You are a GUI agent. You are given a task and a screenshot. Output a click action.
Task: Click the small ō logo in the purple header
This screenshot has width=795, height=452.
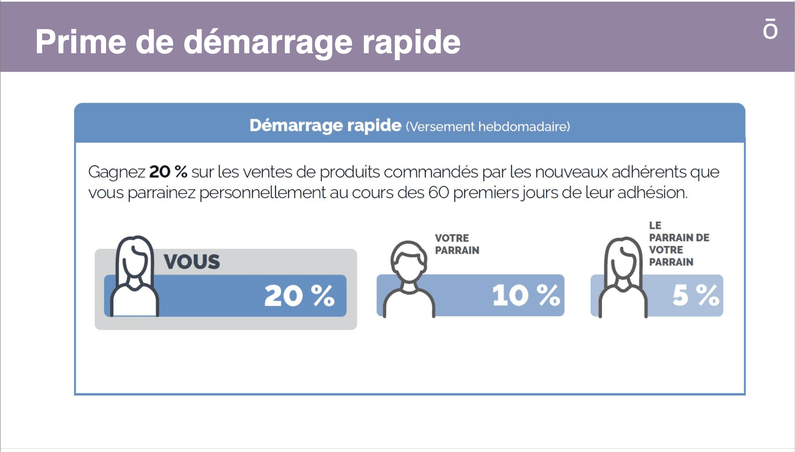pos(770,29)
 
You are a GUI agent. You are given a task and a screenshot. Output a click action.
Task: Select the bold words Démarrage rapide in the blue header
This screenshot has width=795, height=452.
pos(325,125)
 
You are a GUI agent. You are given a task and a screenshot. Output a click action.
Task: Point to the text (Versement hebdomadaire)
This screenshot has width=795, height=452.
pos(488,127)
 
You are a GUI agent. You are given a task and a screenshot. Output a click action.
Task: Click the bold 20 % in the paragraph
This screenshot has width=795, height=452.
pos(168,172)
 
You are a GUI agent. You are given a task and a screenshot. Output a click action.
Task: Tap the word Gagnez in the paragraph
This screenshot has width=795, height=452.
pos(117,172)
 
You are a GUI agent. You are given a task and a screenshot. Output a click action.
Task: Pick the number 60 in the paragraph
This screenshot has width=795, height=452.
pos(439,192)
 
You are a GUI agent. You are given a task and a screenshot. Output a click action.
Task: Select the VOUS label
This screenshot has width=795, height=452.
pos(192,262)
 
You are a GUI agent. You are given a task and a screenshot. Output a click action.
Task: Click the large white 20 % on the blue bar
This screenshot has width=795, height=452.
pos(299,296)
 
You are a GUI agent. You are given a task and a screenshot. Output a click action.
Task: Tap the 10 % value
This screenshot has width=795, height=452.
pos(526,295)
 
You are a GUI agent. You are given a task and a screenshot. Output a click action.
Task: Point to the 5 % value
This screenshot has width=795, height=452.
pos(696,295)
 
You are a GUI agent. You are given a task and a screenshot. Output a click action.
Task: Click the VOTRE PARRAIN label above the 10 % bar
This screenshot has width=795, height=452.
pos(457,244)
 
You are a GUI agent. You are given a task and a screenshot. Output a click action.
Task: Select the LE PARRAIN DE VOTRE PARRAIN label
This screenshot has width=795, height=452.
pos(679,244)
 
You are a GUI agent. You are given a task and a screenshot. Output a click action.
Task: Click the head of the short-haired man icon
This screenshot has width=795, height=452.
pos(409,262)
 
